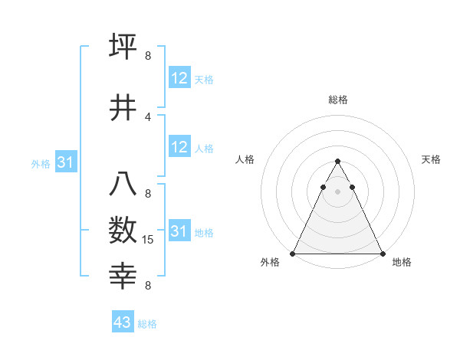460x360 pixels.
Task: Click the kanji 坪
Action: [x=123, y=46]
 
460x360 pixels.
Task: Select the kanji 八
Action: [x=123, y=185]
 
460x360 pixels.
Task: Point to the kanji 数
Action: [x=123, y=229]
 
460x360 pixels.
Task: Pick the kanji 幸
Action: [x=123, y=273]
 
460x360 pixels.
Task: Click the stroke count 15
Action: [x=149, y=240]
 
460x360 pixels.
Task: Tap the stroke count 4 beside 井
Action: [x=148, y=116]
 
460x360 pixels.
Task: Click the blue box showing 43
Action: [x=122, y=322]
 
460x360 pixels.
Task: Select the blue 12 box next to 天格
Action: [x=179, y=77]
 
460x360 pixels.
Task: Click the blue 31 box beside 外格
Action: [x=65, y=162]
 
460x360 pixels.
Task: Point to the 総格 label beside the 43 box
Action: [x=147, y=324]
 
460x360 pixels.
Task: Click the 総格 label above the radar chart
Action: [x=337, y=100]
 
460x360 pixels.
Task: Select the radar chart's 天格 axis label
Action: [x=431, y=159]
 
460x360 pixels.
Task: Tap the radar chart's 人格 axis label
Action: [x=245, y=159]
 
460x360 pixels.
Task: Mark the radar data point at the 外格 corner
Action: [x=292, y=254]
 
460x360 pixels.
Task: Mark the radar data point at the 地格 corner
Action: [x=383, y=254]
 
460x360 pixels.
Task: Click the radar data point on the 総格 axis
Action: [x=337, y=162]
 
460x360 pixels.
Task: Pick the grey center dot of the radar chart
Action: [x=337, y=191]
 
